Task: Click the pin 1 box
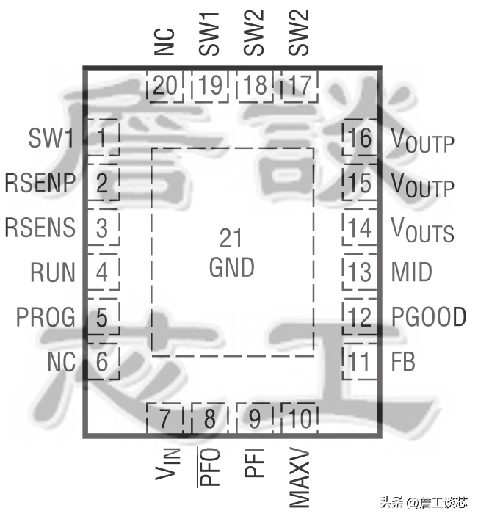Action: (104, 136)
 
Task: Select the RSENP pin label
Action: (40, 181)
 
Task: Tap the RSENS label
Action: (40, 227)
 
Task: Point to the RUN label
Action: (52, 272)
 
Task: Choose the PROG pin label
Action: (46, 317)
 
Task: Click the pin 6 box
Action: (104, 362)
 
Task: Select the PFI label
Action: (254, 464)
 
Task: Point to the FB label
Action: (402, 362)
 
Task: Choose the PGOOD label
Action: (429, 317)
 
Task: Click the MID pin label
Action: (410, 272)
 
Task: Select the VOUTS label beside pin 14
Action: (422, 229)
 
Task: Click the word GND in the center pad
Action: (231, 267)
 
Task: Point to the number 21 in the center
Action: (231, 238)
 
